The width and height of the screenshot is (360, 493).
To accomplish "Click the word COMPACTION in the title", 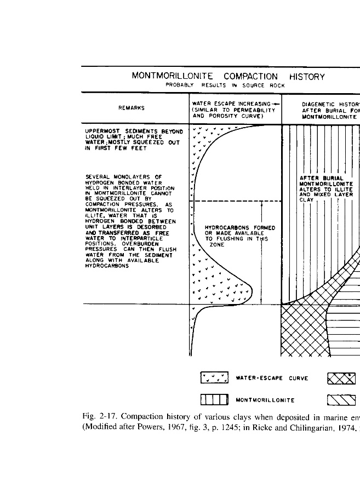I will point(250,77).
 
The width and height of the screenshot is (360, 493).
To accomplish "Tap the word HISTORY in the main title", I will point(307,77).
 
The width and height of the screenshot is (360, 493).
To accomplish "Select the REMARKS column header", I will point(132,108).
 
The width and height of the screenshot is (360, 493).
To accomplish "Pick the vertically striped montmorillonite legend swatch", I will point(215,400).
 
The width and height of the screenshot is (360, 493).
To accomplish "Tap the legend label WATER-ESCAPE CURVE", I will point(272,378).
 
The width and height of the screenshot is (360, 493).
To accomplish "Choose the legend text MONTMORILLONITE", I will point(265,400).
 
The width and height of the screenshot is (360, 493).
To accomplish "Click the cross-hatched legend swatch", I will point(341,378).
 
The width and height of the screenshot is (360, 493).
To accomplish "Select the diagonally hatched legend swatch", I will point(341,400).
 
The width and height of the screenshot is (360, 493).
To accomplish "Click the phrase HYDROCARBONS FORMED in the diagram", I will point(239,228).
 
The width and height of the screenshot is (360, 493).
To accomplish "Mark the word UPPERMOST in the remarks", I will point(104,131).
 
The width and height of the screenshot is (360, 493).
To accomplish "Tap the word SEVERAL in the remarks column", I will point(99,176).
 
